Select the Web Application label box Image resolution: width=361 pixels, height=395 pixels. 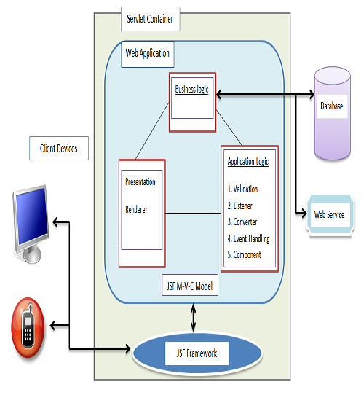(148, 53)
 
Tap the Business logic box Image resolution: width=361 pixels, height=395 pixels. (191, 101)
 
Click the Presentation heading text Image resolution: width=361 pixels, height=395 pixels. (140, 182)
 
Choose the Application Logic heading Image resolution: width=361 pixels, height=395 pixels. (247, 162)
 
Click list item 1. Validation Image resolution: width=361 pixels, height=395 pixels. (242, 189)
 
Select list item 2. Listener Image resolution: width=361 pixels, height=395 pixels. (240, 206)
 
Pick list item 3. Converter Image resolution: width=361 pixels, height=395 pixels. (242, 222)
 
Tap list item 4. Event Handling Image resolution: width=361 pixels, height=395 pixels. (248, 238)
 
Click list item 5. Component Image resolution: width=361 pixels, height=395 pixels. (244, 254)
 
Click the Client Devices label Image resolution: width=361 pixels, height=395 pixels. (59, 149)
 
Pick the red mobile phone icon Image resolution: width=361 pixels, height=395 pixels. (28, 327)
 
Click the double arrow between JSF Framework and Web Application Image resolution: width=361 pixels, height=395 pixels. (192, 318)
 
